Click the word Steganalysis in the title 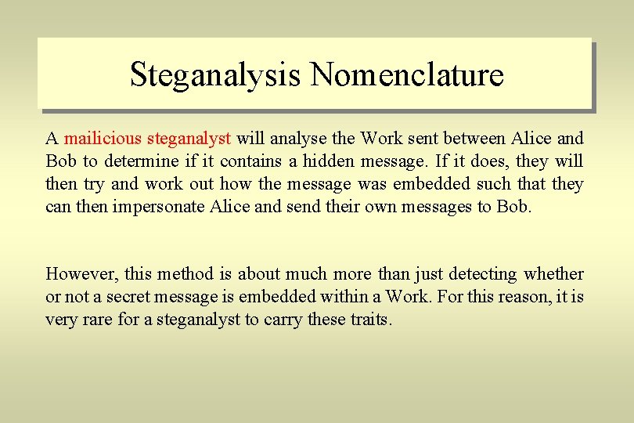pos(215,75)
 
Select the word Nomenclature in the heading pos(407,75)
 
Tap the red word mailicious pos(103,139)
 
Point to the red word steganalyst pos(189,139)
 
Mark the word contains pos(249,162)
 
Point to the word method pos(186,274)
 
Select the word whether pos(554,274)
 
